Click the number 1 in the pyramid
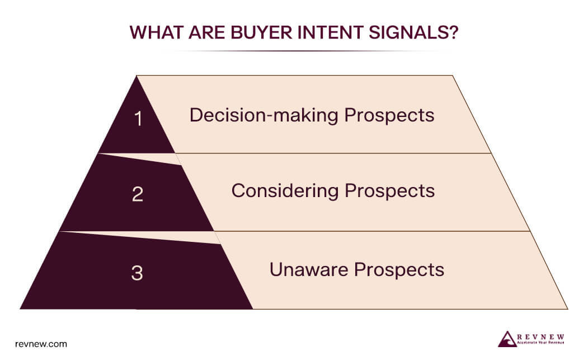[138, 119]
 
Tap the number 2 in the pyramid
[138, 194]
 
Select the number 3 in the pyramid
[137, 274]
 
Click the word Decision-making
[264, 115]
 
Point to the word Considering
[285, 191]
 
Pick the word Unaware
[309, 270]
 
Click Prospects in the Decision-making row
[389, 115]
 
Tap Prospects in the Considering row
[389, 191]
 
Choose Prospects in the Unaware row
[400, 270]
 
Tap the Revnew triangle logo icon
[507, 339]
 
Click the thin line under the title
[294, 51]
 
